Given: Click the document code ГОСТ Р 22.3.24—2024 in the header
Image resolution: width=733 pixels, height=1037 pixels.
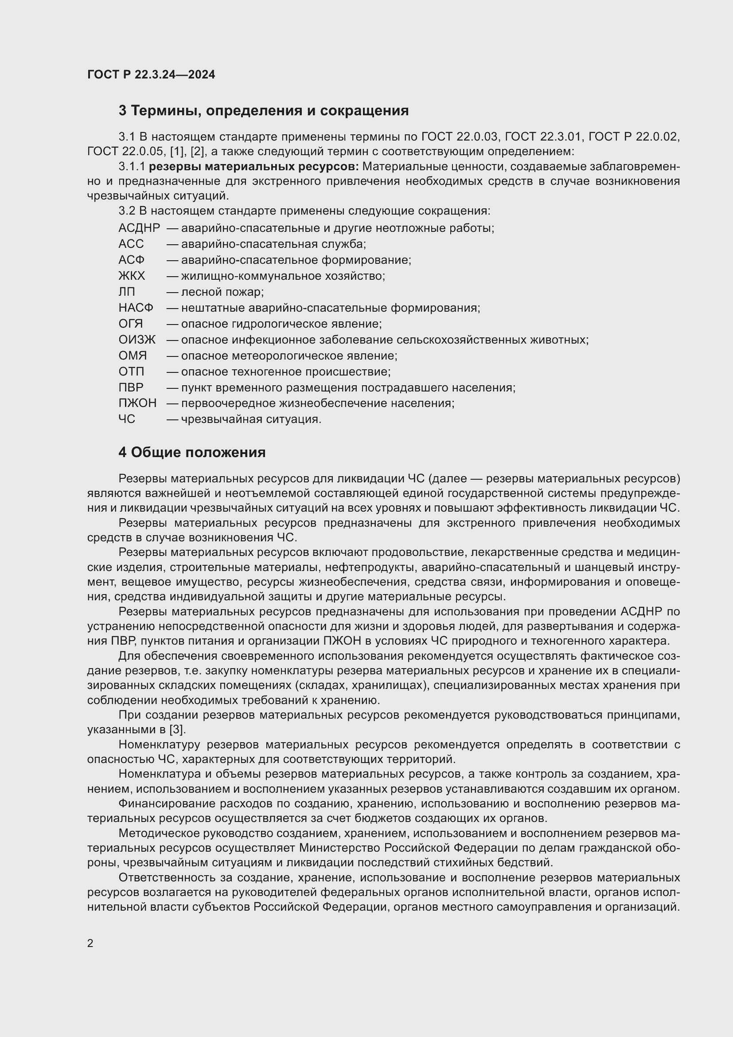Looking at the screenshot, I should [151, 74].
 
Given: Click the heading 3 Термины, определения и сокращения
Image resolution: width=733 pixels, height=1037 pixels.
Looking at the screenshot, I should [264, 111].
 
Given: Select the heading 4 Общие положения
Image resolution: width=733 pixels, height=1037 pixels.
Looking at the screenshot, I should [192, 452].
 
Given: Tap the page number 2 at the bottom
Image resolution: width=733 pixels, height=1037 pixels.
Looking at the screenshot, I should [90, 943].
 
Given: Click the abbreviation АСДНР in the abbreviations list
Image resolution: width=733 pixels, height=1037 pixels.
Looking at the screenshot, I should [139, 228].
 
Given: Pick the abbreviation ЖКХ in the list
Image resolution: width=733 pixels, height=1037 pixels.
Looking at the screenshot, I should [132, 276].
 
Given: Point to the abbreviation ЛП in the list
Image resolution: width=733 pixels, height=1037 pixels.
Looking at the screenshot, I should [127, 292].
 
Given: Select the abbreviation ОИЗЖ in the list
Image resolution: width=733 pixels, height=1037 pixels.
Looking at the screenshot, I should [137, 340].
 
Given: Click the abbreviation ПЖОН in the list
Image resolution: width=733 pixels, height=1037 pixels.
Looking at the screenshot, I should [138, 403].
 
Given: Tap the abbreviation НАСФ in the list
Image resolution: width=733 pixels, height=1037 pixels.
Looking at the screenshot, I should [136, 308].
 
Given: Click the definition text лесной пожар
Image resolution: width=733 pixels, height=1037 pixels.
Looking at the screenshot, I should [222, 292].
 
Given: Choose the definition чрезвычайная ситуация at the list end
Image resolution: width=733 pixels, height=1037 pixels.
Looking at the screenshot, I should [251, 419].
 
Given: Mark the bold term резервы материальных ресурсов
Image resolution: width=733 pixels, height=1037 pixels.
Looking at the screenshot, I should [253, 167].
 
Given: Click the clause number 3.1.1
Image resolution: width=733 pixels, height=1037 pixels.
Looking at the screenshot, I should [132, 167].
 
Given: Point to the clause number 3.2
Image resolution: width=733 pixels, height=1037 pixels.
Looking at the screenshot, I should [127, 211].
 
